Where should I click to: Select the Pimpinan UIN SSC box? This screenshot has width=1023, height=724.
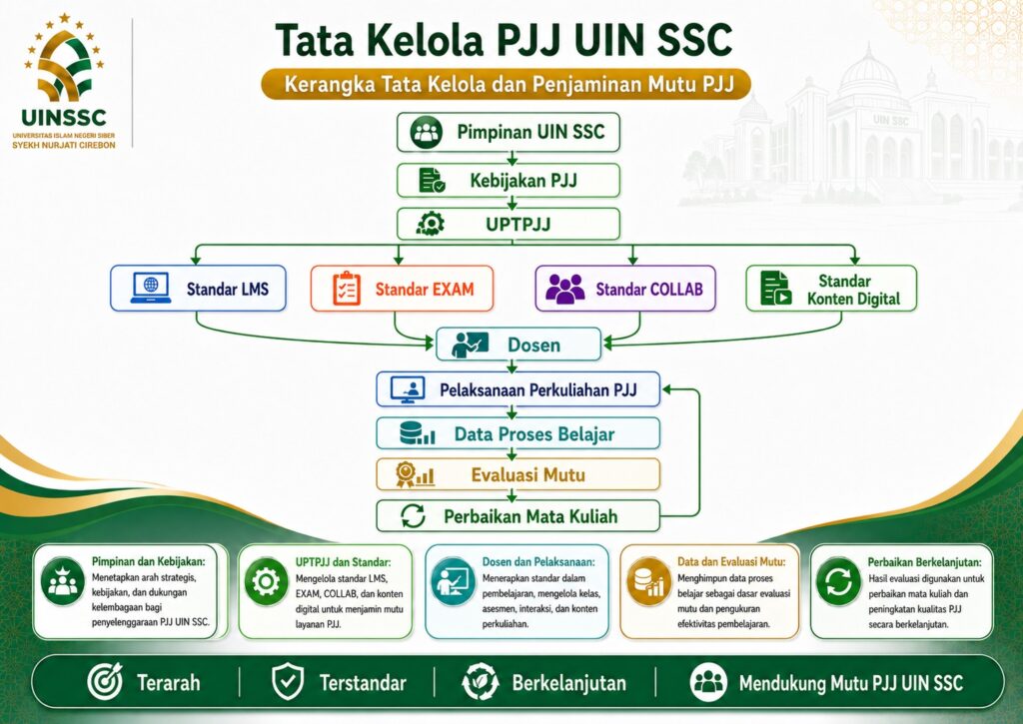pyautogui.click(x=509, y=133)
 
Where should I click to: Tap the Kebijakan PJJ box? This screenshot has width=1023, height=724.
pyautogui.click(x=509, y=181)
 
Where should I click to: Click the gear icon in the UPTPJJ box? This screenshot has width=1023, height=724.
pyautogui.click(x=431, y=225)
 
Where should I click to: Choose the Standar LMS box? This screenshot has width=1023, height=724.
pyautogui.click(x=199, y=289)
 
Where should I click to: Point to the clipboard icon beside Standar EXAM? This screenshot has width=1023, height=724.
pyautogui.click(x=347, y=289)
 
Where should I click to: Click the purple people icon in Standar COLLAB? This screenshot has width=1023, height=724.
pyautogui.click(x=565, y=289)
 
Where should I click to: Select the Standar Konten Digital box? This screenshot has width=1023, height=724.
pyautogui.click(x=831, y=289)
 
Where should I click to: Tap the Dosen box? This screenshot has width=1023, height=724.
pyautogui.click(x=518, y=345)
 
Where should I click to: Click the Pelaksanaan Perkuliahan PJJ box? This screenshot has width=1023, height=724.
pyautogui.click(x=518, y=389)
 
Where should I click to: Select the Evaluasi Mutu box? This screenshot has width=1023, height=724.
pyautogui.click(x=518, y=474)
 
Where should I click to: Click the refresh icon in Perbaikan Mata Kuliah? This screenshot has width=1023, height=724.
pyautogui.click(x=413, y=516)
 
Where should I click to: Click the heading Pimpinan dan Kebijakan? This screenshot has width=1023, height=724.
pyautogui.click(x=148, y=561)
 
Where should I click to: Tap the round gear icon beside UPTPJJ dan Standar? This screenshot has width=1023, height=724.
pyautogui.click(x=266, y=582)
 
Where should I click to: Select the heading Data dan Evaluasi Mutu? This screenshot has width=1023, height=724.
pyautogui.click(x=731, y=561)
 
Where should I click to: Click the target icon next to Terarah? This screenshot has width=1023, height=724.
pyautogui.click(x=105, y=681)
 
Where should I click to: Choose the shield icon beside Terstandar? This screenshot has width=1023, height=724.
pyautogui.click(x=288, y=682)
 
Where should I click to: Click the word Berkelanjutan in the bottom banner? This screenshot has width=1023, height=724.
pyautogui.click(x=568, y=683)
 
